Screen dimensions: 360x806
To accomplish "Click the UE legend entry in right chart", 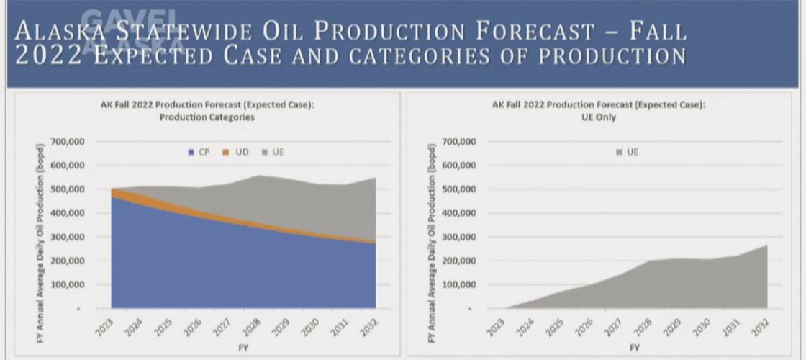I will point(628,153).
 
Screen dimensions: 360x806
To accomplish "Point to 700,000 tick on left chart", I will point(68,142).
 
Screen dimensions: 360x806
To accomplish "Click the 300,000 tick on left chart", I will point(68,237).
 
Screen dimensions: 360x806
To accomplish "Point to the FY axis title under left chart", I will point(243,347).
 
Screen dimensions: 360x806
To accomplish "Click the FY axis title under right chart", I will point(635,347).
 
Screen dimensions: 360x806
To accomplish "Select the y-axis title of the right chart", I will point(432,232).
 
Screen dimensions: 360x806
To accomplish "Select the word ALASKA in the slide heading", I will point(60,33).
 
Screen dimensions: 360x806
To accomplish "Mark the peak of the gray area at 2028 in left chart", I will point(257,176).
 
